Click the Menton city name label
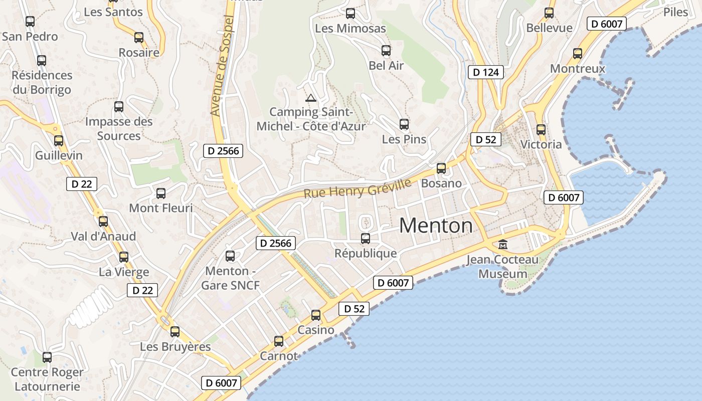click(x=436, y=226)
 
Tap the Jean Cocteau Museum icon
click(x=502, y=245)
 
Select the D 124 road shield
click(x=486, y=72)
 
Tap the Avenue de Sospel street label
click(x=223, y=66)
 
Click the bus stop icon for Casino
click(x=316, y=315)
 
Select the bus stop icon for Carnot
click(x=279, y=341)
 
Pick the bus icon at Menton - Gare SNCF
click(x=230, y=256)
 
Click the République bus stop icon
click(x=366, y=239)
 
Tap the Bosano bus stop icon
click(x=441, y=168)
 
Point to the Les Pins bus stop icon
click(x=404, y=124)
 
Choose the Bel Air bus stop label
click(x=386, y=65)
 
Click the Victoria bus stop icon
click(x=541, y=130)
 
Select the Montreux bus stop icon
click(x=578, y=54)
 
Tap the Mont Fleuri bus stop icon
click(x=161, y=193)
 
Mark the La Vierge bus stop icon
click(x=124, y=257)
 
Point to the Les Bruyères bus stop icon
click(x=175, y=332)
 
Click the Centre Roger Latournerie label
click(x=47, y=379)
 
